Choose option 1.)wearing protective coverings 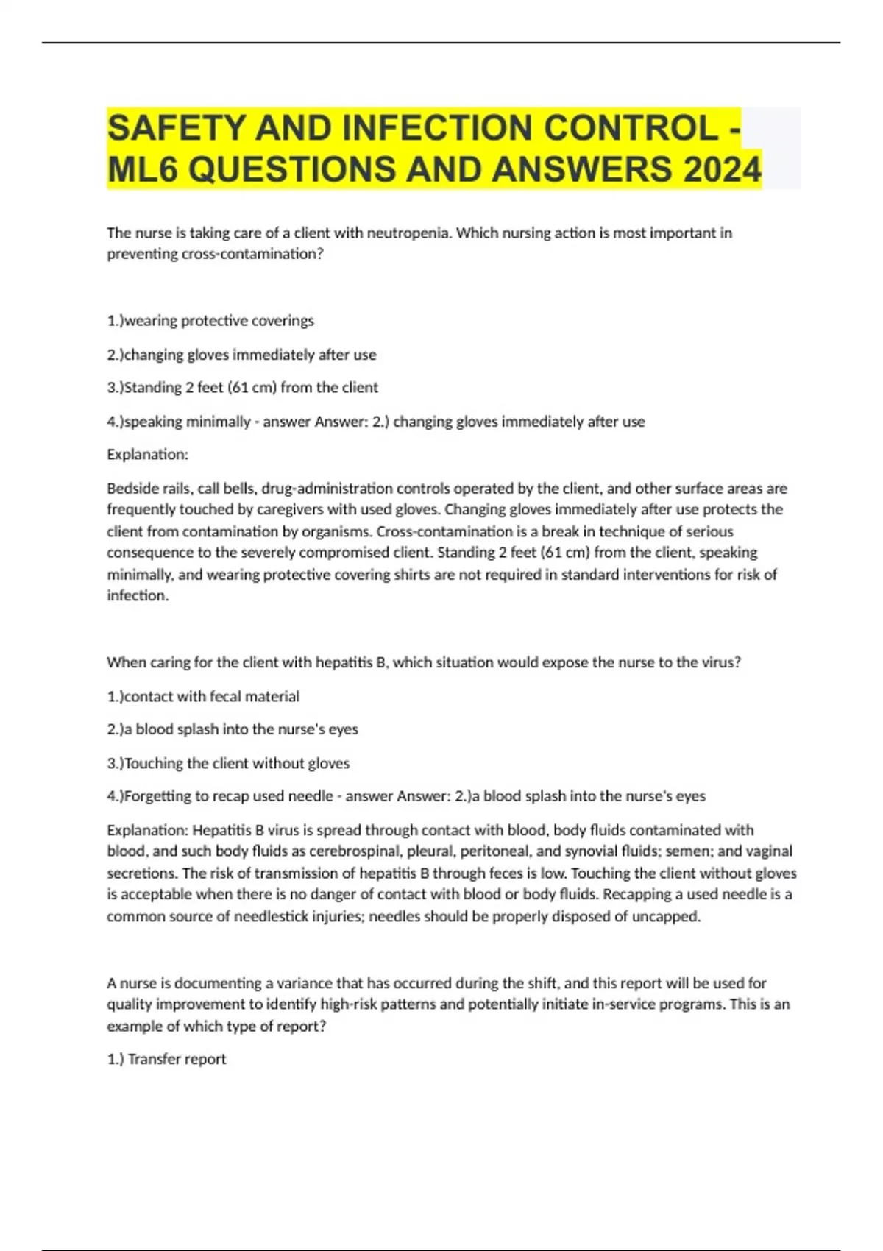[210, 321]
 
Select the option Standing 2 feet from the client [243, 388]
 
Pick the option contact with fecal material [203, 696]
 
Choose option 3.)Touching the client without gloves [228, 764]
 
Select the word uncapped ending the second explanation [665, 917]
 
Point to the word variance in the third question [303, 983]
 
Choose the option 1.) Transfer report [166, 1060]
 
